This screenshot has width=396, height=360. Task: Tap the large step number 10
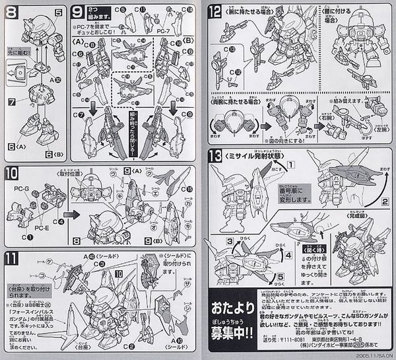click(x=13, y=173)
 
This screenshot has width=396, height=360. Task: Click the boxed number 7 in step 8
click(x=11, y=102)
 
